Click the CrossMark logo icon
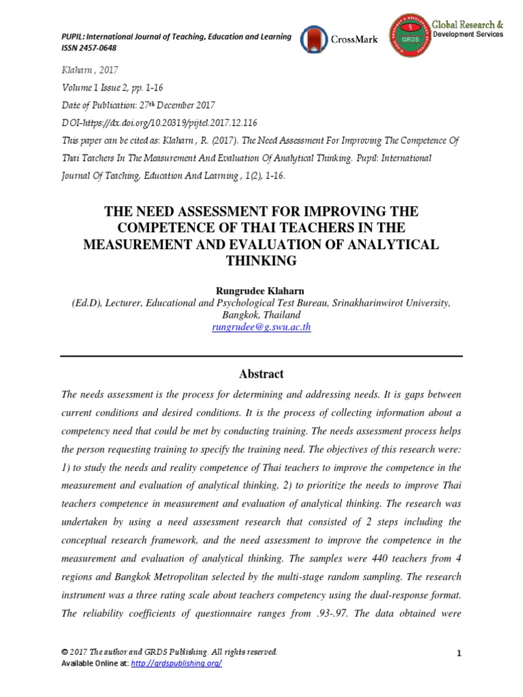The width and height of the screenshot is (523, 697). (314, 39)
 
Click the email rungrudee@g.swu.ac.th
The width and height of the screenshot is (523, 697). (261, 327)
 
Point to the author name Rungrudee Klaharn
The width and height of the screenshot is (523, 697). (261, 291)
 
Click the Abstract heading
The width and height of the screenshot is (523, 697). (261, 374)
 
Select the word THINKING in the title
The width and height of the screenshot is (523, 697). (261, 261)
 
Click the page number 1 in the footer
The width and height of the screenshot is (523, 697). (459, 654)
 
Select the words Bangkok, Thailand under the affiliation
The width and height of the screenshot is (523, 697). (261, 315)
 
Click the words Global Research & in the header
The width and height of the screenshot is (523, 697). (468, 23)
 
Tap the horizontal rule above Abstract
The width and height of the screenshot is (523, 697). (261, 356)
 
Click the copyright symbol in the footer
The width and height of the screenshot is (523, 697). (64, 652)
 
